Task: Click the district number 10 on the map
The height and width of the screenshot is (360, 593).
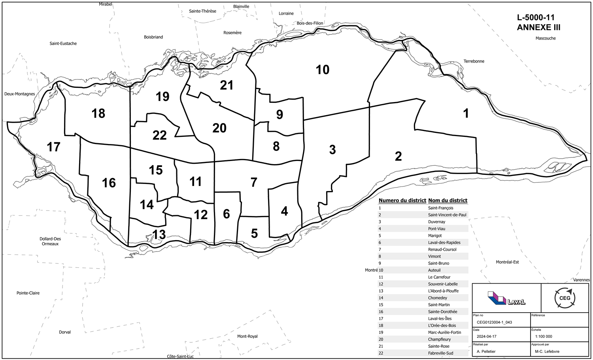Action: tap(323, 70)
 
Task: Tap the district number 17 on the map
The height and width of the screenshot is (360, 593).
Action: tap(53, 147)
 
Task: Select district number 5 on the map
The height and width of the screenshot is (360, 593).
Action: tap(254, 233)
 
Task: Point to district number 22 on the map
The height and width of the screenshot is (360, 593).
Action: tap(159, 135)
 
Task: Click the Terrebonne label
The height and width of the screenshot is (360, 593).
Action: tap(474, 61)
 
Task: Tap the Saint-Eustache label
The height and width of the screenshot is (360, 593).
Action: tap(63, 44)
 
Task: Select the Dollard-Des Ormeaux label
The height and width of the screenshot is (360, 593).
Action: tap(50, 241)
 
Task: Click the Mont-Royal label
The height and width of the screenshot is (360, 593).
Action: tap(247, 336)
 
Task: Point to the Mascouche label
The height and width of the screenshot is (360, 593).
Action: tap(546, 38)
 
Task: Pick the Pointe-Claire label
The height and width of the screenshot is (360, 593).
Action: tap(28, 293)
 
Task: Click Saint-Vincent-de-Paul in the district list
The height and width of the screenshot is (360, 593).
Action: tap(447, 215)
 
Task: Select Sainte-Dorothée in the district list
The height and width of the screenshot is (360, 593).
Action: tap(442, 312)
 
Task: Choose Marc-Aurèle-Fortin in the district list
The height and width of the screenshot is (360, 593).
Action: tap(444, 332)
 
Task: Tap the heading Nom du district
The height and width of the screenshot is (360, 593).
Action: tap(448, 201)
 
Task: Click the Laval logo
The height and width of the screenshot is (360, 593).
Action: tap(506, 298)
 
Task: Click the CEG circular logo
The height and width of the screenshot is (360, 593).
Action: tap(565, 298)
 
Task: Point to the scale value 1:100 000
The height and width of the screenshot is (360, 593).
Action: tap(543, 337)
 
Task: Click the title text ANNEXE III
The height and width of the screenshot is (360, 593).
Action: tap(538, 28)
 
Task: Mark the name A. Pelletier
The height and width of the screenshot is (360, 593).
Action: tap(486, 351)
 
